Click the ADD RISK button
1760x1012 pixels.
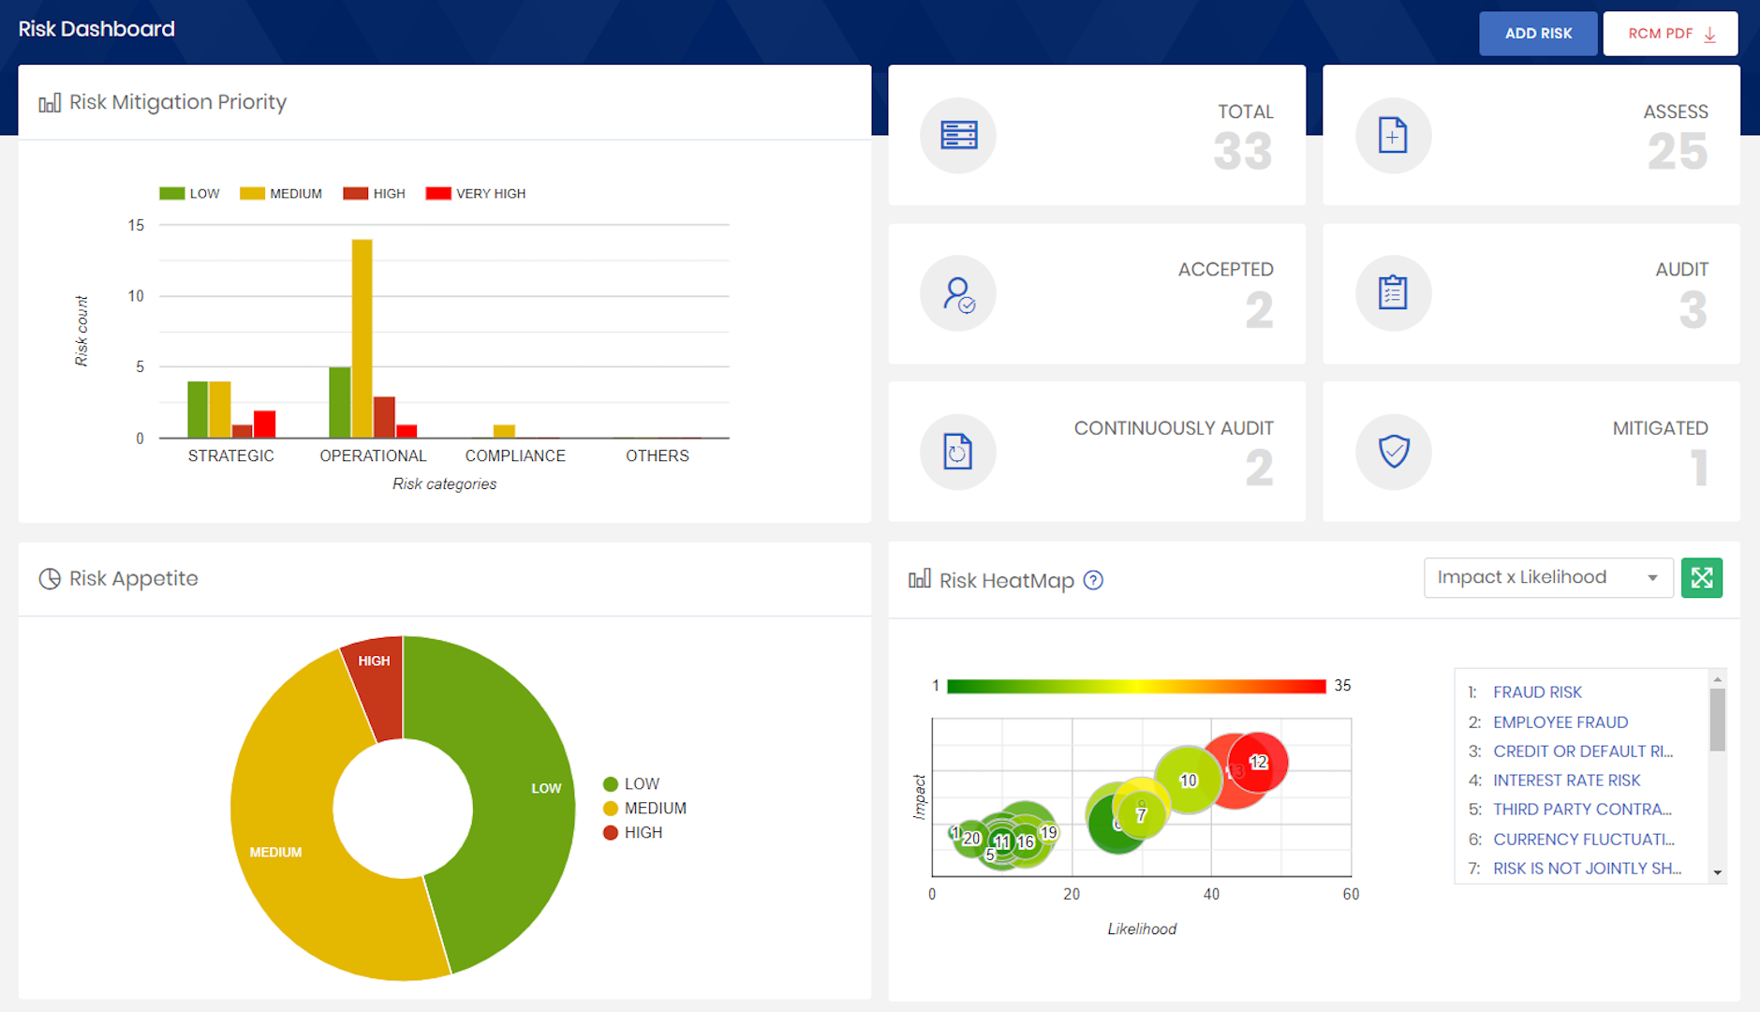tap(1538, 34)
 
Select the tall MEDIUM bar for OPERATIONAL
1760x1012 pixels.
tap(362, 337)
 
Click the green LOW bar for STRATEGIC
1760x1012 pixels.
tap(197, 409)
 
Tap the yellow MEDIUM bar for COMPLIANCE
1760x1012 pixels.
tap(504, 431)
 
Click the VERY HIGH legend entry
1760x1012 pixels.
tap(476, 194)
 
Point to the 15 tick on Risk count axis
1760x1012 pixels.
tap(137, 225)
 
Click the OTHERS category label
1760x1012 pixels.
tap(657, 455)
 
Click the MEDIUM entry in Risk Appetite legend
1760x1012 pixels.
tap(655, 808)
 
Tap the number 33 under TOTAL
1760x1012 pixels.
tap(1243, 152)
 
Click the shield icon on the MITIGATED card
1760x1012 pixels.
tap(1394, 452)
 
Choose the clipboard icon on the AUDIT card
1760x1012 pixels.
tap(1393, 293)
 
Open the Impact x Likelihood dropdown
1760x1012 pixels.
tap(1547, 578)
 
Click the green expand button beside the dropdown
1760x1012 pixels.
tap(1701, 578)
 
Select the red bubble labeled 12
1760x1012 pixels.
tap(1259, 762)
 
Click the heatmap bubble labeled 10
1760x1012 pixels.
tap(1188, 780)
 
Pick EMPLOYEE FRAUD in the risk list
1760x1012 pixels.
tap(1560, 722)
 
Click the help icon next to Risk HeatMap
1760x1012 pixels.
tap(1093, 580)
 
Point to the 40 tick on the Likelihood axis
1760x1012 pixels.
tap(1211, 894)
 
